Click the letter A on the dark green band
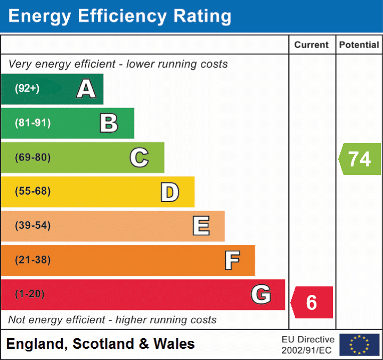tap(86, 89)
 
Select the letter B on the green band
tap(109, 123)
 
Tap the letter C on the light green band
tap(139, 157)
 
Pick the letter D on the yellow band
tap(170, 192)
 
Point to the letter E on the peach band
tap(201, 226)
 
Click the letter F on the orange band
tap(232, 260)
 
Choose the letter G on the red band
tap(261, 294)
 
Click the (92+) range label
tap(27, 89)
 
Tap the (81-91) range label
tap(32, 123)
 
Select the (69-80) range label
tap(32, 157)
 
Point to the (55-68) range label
tap(32, 191)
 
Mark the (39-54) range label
tap(32, 225)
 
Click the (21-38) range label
tap(32, 260)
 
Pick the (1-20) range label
tap(29, 294)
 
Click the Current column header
tap(312, 45)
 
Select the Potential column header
tap(359, 45)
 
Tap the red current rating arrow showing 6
tap(312, 302)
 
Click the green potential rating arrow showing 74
tap(360, 159)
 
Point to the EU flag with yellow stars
tap(360, 345)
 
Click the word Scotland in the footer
tap(103, 343)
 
